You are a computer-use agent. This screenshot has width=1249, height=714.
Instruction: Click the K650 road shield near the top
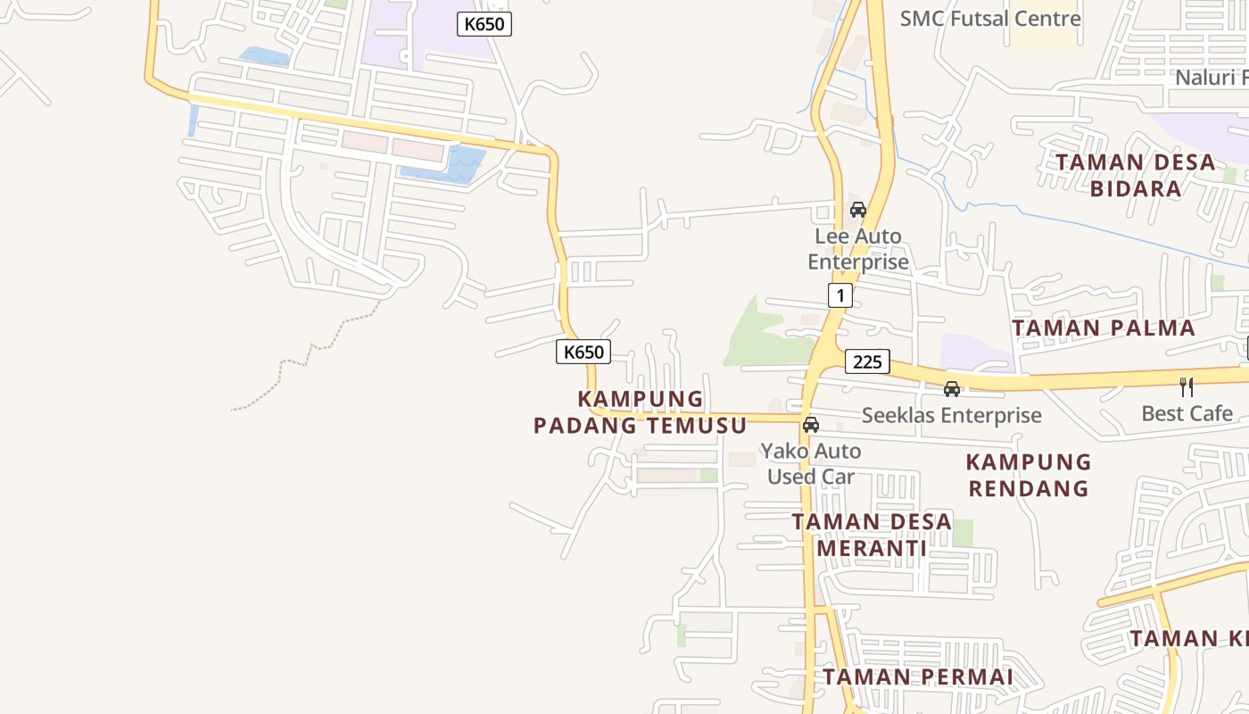pos(484,24)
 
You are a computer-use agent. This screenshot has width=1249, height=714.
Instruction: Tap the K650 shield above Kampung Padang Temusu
pos(583,352)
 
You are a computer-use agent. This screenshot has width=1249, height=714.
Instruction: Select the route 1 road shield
pos(840,295)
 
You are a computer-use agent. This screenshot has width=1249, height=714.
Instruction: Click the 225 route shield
pos(867,361)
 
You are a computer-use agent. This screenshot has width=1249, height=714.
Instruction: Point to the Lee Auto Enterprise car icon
pos(858,210)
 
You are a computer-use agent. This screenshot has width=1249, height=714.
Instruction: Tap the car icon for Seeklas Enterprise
pos(952,389)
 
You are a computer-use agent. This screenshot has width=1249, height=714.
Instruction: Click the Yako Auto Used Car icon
pos(811,425)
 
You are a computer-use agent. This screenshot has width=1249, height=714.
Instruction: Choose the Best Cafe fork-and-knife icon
pos(1187,387)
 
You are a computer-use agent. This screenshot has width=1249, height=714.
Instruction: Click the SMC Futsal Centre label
pos(989,19)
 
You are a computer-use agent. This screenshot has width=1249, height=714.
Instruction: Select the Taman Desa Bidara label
pos(1136,176)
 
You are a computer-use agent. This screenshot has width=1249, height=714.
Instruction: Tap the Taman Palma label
pos(1104,328)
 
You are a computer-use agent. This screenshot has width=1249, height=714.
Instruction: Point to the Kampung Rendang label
pos(1029,475)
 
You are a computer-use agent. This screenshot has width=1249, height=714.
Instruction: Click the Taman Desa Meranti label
pos(872,535)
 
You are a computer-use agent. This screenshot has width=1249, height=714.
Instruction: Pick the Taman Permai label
pos(917,677)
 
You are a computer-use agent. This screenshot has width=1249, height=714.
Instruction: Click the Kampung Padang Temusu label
pos(640,412)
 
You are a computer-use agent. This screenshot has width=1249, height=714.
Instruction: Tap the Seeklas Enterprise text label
pos(951,415)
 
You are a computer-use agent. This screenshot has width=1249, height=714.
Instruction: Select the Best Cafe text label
pos(1187,413)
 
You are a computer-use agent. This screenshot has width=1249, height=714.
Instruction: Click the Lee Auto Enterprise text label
pos(858,249)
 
